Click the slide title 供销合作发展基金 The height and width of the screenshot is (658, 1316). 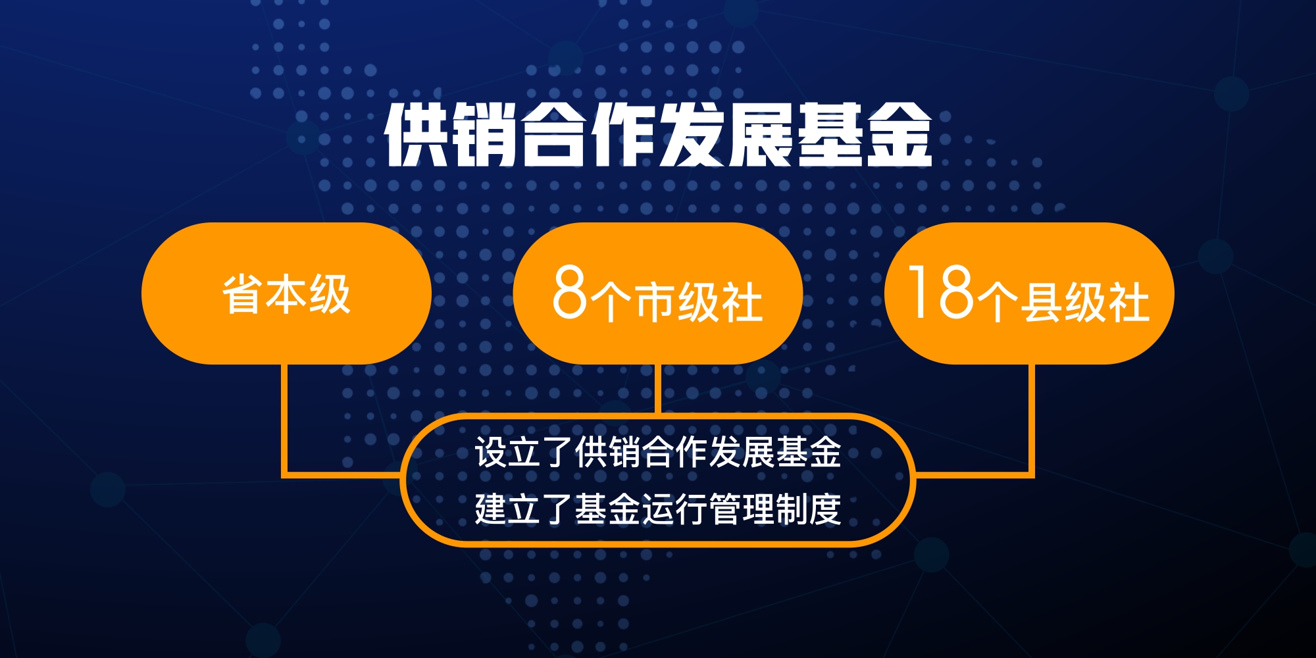(658, 134)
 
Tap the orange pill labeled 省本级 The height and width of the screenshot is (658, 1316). (286, 293)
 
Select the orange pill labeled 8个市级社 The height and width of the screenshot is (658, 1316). (658, 293)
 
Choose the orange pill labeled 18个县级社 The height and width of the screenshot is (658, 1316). (1029, 293)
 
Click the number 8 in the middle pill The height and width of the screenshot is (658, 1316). (569, 292)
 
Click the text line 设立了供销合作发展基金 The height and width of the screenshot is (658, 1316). (658, 452)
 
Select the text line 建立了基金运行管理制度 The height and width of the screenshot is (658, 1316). (658, 508)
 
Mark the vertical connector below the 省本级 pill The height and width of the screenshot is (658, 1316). (285, 419)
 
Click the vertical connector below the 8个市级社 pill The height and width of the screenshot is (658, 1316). (658, 389)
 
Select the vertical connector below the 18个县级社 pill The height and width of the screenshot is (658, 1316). (1031, 419)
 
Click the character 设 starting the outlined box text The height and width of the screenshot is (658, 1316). (491, 452)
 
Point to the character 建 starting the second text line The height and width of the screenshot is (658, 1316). (491, 508)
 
